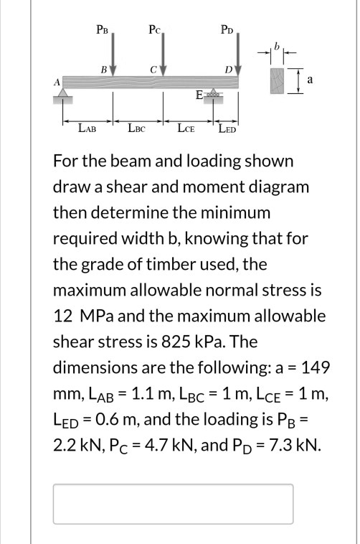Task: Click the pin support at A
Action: tap(64, 94)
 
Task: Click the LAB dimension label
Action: tap(87, 129)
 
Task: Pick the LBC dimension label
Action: tap(137, 129)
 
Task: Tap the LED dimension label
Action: tap(227, 129)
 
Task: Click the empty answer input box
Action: tap(173, 504)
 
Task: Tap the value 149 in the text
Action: tap(315, 367)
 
